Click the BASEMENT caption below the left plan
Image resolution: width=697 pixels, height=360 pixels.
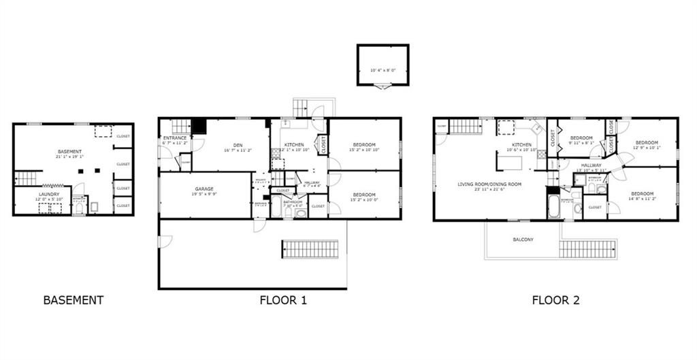point(74,299)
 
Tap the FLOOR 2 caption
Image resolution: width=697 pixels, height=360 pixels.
point(555,299)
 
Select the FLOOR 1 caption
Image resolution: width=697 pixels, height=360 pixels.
point(283,299)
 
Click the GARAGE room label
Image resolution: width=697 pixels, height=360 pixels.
point(204,189)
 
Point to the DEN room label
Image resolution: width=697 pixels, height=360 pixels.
point(238,144)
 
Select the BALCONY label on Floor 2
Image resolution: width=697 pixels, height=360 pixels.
point(523,240)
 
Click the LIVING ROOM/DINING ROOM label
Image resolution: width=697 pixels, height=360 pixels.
point(489,184)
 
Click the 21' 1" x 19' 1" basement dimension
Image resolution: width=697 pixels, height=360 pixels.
point(69,157)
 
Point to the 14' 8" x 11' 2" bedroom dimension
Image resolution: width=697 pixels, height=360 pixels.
point(643,199)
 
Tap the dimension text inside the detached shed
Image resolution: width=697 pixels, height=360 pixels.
point(383,70)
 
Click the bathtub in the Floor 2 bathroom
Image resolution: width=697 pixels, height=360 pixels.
point(553,203)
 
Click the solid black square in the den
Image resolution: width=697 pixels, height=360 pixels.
point(199,127)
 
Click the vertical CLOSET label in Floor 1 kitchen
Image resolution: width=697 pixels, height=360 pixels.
point(323,144)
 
